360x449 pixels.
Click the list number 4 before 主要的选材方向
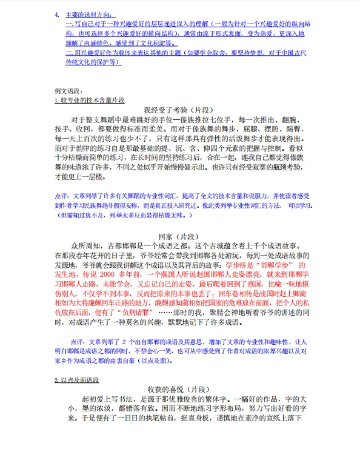coord(56,14)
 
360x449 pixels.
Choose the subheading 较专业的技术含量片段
coord(92,99)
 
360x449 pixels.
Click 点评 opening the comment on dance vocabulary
coord(62,197)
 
